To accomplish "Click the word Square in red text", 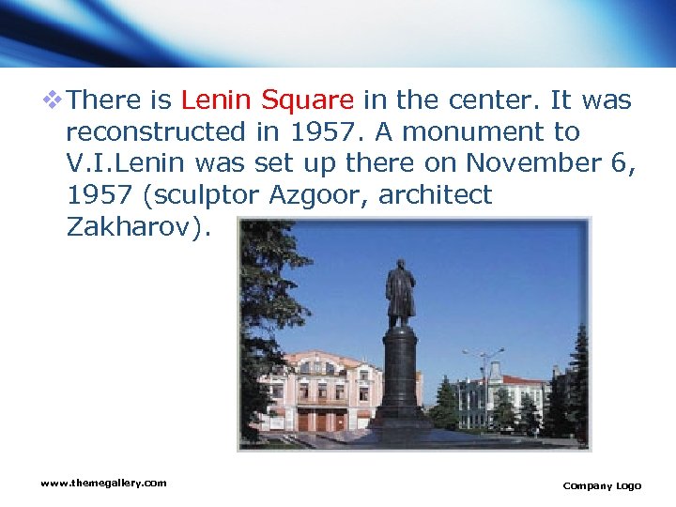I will point(307,100).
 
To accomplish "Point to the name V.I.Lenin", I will point(128,163).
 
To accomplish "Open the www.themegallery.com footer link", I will point(103,483).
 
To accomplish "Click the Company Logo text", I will point(602,485).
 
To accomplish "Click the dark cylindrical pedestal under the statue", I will point(399,371).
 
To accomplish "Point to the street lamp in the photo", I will point(482,376).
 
